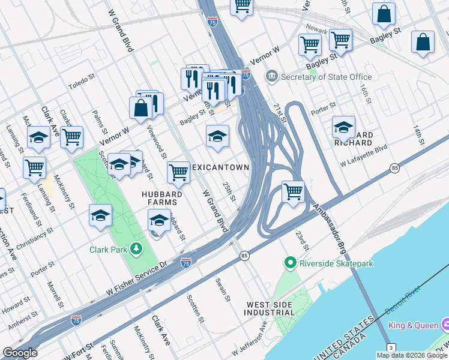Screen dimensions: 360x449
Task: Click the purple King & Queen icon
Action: [x=445, y=325]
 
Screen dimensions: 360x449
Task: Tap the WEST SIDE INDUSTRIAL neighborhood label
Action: [x=270, y=308]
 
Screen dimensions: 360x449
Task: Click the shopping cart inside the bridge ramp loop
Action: [x=293, y=192]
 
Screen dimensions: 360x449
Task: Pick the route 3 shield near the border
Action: [x=391, y=347]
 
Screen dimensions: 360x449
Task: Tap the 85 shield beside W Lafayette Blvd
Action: [x=394, y=168]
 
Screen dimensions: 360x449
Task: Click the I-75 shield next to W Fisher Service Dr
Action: [x=186, y=263]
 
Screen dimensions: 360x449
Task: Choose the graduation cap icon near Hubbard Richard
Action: [x=343, y=127]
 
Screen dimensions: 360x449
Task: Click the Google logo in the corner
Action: [x=20, y=353]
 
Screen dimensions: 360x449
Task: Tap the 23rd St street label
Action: [x=301, y=239]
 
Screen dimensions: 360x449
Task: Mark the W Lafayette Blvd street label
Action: [x=364, y=155]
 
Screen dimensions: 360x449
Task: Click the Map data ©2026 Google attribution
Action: [x=411, y=355]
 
